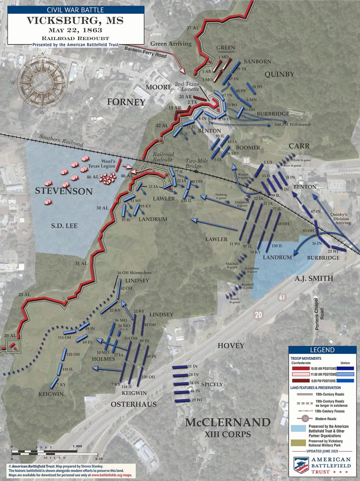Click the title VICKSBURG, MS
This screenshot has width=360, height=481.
click(x=75, y=21)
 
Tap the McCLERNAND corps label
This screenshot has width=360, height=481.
click(x=228, y=422)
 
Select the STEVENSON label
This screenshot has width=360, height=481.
click(x=64, y=191)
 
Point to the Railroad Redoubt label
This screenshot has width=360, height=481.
click(x=163, y=157)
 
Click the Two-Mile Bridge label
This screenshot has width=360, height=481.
click(x=196, y=163)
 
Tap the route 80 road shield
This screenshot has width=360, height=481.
click(x=247, y=161)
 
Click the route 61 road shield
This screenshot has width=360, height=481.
click(x=282, y=297)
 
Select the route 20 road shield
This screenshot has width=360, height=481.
click(x=258, y=315)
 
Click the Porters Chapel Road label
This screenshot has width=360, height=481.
click(x=319, y=314)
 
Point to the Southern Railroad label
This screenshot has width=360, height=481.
click(x=61, y=140)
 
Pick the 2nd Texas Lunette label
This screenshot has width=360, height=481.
click(x=187, y=86)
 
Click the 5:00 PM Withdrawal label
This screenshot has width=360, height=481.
click(x=292, y=125)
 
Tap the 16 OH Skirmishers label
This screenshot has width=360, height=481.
click(x=134, y=273)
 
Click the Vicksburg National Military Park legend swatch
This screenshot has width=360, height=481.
click(x=298, y=443)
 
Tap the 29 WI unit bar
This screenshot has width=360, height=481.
click(x=182, y=400)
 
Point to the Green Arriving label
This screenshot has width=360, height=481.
click(x=171, y=44)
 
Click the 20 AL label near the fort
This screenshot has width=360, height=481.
click(x=10, y=336)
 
